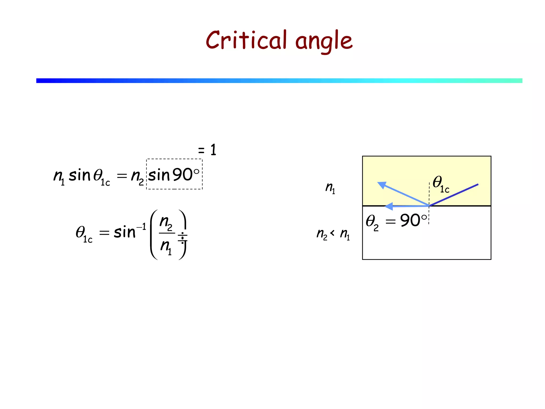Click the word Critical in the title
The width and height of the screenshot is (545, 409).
coord(246,40)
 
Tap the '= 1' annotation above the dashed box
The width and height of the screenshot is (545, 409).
coord(207,150)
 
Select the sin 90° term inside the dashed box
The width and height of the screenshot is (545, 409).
coord(174,175)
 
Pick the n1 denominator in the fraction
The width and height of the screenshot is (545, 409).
coord(166,246)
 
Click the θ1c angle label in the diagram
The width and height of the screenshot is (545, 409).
coord(441,184)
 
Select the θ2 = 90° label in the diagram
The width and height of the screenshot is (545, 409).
coord(396,221)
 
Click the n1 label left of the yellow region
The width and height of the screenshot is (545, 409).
coord(330,188)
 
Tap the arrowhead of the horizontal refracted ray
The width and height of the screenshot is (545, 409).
coord(389,206)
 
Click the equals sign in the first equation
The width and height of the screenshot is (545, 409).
coord(122,175)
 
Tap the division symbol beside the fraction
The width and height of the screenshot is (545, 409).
coord(183,238)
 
